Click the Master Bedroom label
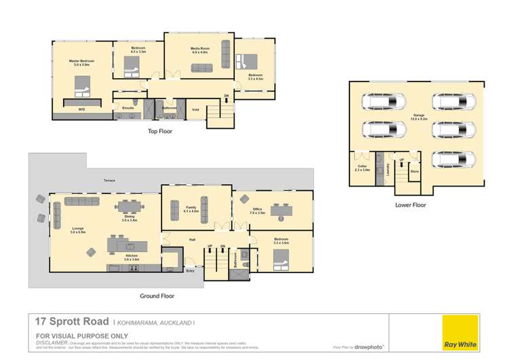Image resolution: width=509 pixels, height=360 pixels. [x=81, y=62]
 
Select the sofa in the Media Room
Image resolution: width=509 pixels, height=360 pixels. [x=202, y=67]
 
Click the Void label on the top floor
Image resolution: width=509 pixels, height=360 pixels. [x=195, y=108]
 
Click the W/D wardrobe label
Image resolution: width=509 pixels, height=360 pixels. [x=81, y=109]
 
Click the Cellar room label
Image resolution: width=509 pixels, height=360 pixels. [x=362, y=167]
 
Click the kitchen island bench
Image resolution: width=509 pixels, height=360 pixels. [x=125, y=245]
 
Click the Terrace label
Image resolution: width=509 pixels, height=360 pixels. [x=109, y=181]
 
